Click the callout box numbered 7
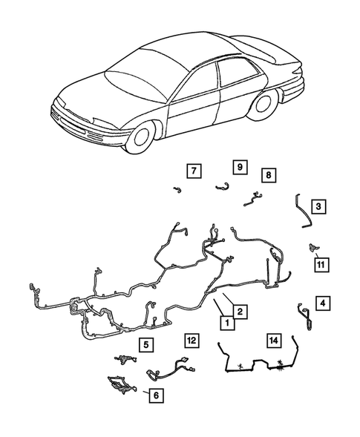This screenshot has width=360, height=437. (192, 171)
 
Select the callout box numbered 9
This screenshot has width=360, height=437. (240, 167)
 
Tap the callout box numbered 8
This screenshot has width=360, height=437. (268, 175)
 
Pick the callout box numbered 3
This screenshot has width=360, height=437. (317, 206)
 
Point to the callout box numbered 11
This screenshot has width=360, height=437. (321, 263)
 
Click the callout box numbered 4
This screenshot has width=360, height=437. (322, 303)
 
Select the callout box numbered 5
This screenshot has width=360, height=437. (147, 344)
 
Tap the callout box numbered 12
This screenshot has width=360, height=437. (192, 341)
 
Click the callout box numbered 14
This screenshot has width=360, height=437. (275, 341)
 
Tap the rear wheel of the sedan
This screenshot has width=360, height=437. (261, 104)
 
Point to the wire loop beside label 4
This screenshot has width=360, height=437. (304, 314)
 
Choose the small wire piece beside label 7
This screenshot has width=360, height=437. (177, 190)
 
